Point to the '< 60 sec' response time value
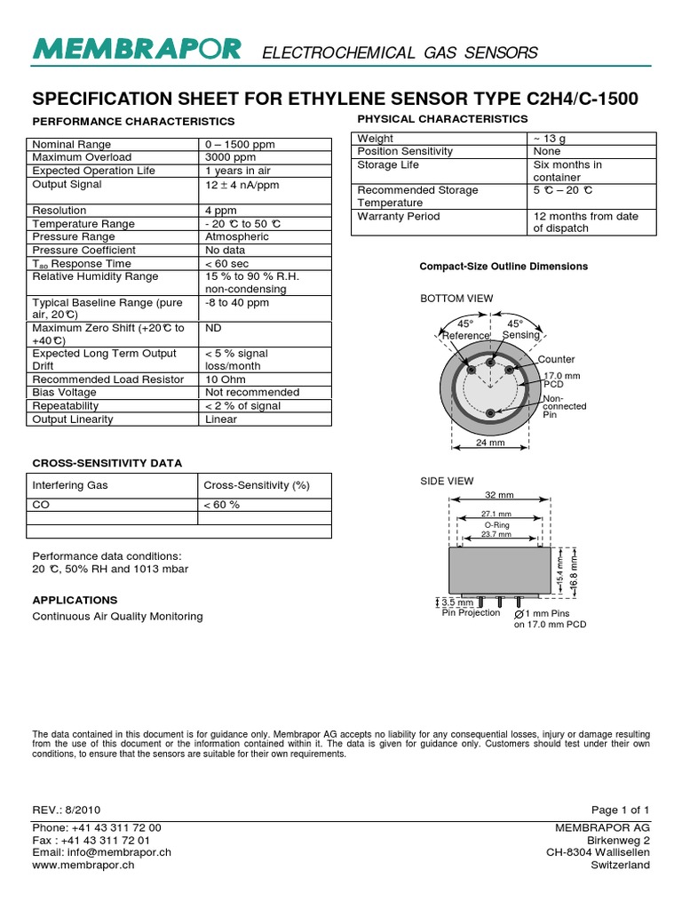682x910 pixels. (x=228, y=264)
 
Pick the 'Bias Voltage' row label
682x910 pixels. (x=67, y=392)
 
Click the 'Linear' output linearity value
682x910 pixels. (x=221, y=419)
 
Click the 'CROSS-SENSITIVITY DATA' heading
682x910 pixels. (x=107, y=463)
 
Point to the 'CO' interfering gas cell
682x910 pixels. (x=41, y=505)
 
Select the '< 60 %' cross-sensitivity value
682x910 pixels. (x=222, y=505)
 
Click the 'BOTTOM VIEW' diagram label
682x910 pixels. (x=456, y=299)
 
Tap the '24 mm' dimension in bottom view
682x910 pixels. (x=491, y=443)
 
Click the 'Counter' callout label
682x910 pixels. (x=557, y=359)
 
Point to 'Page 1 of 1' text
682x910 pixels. (x=621, y=810)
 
